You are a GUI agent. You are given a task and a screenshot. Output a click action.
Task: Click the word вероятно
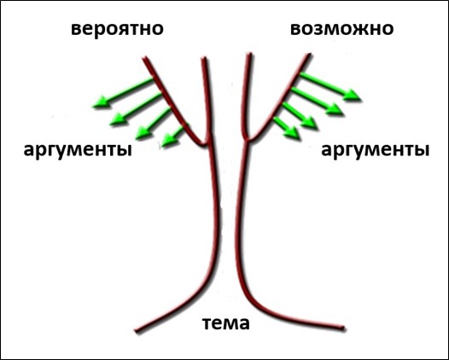[x=117, y=29]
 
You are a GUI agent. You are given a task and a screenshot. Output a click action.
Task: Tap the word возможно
[x=342, y=29]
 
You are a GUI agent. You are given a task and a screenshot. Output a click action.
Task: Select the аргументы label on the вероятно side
[x=78, y=149]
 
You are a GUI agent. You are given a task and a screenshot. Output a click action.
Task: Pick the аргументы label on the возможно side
[x=375, y=149]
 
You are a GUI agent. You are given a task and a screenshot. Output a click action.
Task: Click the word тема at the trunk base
[x=226, y=323]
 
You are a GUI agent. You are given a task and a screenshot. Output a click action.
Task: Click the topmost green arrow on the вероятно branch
[x=123, y=93]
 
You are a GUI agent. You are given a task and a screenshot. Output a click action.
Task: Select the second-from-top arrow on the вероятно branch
[x=136, y=108]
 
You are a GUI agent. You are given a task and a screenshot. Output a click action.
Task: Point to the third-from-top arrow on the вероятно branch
[x=153, y=123]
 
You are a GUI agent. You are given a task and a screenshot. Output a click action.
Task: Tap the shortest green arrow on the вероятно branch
[x=173, y=136]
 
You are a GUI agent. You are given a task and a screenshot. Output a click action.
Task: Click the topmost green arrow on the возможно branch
[x=329, y=87]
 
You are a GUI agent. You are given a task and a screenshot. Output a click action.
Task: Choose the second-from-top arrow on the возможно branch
[x=317, y=102]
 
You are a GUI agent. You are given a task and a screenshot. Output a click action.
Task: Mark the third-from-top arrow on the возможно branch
[x=300, y=116]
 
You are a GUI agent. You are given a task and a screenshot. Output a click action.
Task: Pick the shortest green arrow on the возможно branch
[x=287, y=128]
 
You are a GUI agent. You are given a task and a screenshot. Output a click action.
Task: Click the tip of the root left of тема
[x=136, y=331]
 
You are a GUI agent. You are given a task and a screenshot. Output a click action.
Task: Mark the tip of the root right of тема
[x=345, y=328]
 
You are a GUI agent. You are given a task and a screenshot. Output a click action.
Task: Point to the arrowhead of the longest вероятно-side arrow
[x=100, y=102]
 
